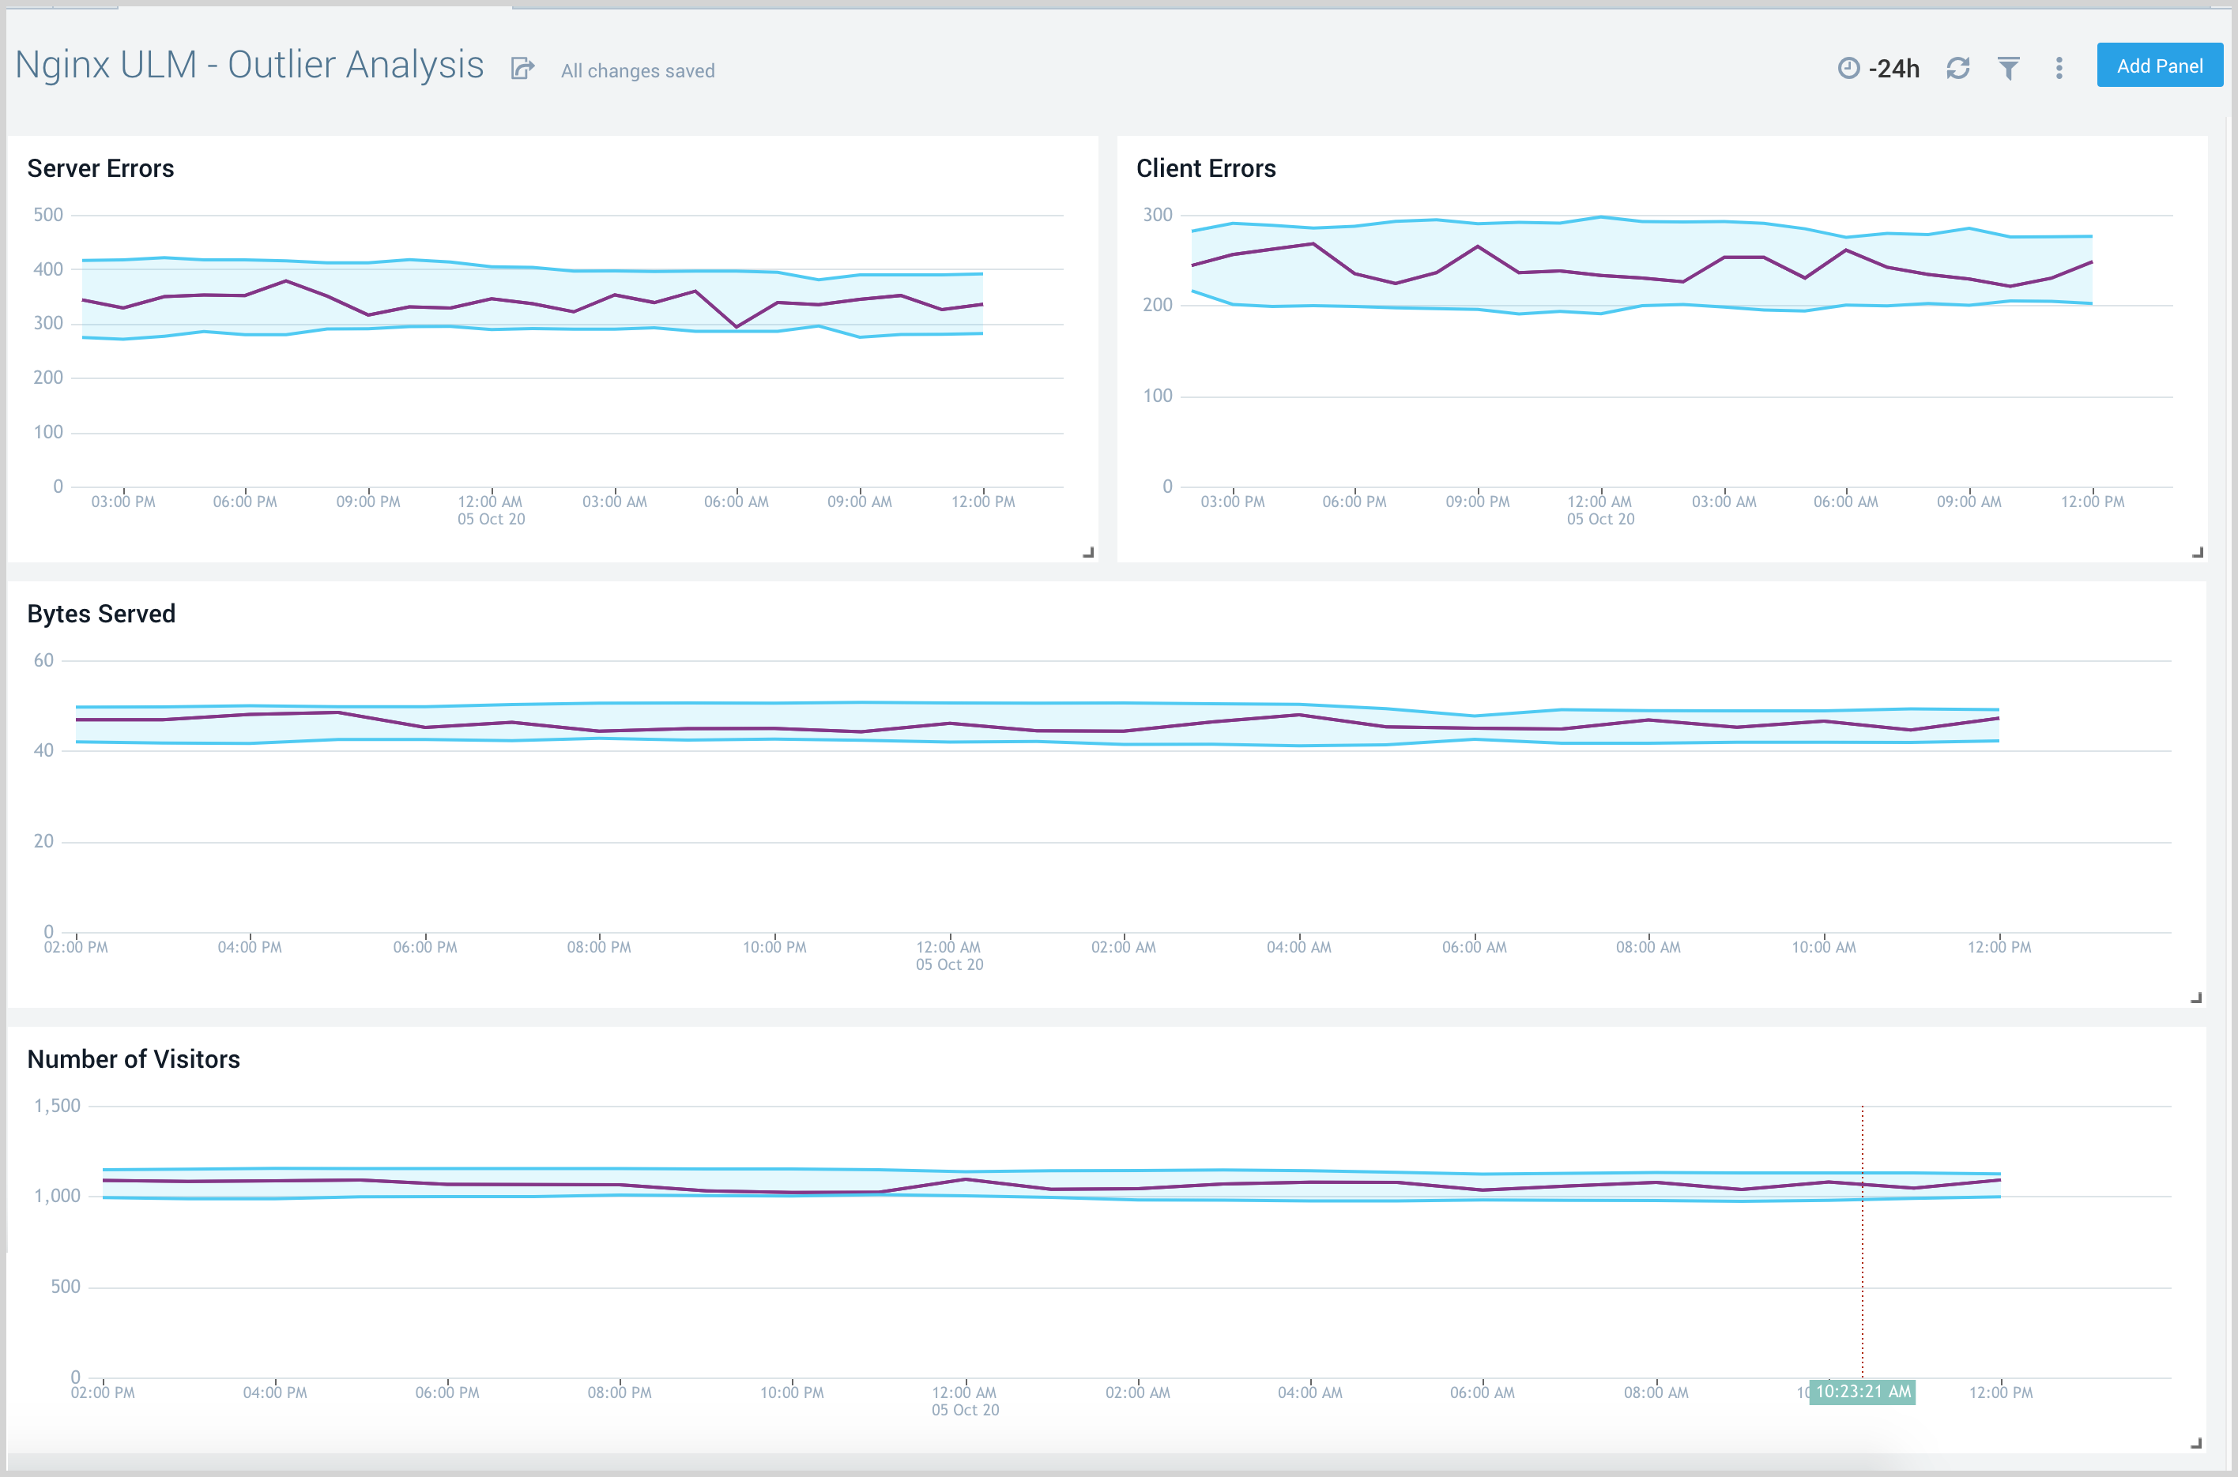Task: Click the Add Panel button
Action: point(2159,66)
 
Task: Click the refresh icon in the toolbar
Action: point(1958,69)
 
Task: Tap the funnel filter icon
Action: point(2008,69)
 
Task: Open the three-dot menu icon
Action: point(2059,69)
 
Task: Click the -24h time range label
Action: point(1893,69)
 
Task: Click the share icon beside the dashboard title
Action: point(523,69)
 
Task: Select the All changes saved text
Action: point(638,70)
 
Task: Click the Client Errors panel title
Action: point(1205,168)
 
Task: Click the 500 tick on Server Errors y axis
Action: point(48,215)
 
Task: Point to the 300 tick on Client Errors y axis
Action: point(1157,215)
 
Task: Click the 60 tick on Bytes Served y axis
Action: point(43,660)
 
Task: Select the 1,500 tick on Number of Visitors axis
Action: point(58,1106)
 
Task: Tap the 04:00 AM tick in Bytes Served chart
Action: point(1298,948)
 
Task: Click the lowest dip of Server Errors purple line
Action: point(737,327)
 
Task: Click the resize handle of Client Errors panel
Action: point(2198,553)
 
